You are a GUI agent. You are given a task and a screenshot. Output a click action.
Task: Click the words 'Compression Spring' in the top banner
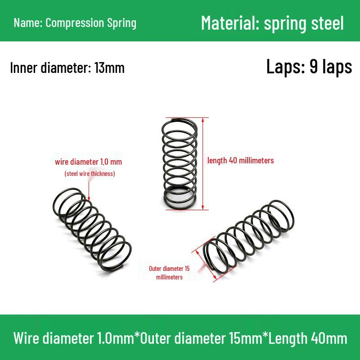pos(91,23)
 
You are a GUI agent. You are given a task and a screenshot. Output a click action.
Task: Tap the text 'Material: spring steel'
pos(272,23)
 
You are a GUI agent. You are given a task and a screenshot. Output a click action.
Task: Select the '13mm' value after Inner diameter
pos(109,68)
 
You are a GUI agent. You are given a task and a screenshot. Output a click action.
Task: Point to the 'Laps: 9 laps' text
pos(309,67)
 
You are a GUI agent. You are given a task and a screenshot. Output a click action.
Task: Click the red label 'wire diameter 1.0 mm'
pos(88,162)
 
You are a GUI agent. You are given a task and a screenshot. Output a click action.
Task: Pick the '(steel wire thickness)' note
pos(90,174)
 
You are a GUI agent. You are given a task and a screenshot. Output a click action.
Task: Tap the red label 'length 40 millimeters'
pos(241,160)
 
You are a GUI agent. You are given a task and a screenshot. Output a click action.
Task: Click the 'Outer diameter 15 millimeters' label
pos(170,273)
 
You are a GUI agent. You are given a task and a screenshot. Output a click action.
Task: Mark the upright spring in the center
pos(180,164)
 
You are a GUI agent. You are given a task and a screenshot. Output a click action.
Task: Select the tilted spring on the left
pos(92,229)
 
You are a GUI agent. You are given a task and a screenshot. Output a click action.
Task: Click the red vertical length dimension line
pos(203,164)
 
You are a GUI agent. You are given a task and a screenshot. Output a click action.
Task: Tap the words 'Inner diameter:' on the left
pos(50,68)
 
